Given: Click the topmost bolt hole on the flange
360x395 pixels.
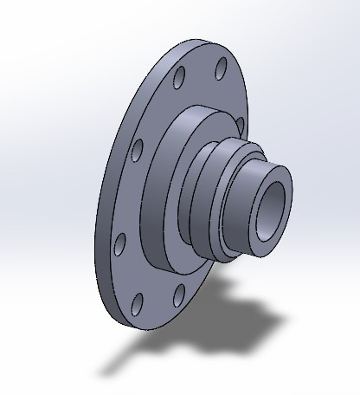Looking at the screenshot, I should click(221, 66).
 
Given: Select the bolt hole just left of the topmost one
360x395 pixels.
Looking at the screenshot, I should click(178, 80).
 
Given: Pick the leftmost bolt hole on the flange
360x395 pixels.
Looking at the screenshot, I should click(120, 243).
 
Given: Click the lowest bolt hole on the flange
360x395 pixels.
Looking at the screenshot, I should click(137, 303).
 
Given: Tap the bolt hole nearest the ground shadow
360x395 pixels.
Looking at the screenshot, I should click(178, 297).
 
